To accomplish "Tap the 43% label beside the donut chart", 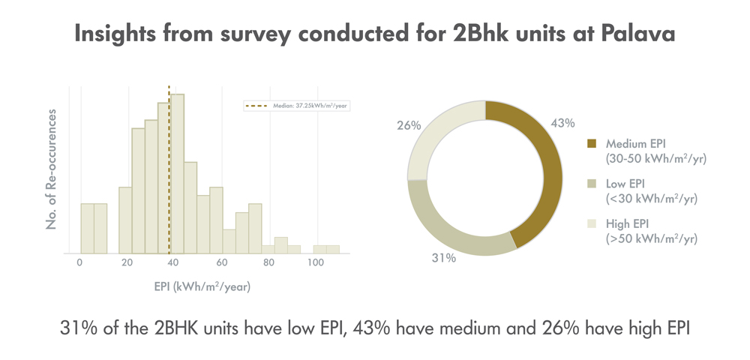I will [x=563, y=123].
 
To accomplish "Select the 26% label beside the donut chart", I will [x=409, y=125].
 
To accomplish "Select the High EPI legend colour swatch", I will [x=592, y=224].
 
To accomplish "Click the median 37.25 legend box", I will [x=297, y=106].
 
